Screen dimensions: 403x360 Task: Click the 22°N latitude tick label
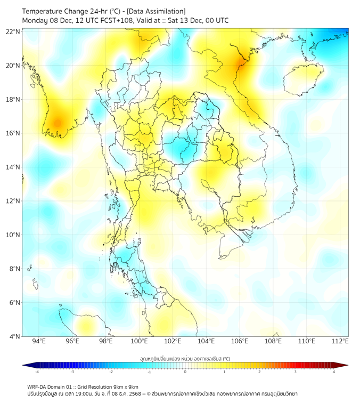pyautogui.click(x=13, y=31)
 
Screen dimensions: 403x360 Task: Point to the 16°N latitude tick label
pyautogui.click(x=13, y=133)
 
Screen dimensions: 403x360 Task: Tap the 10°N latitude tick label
pyautogui.click(x=13, y=235)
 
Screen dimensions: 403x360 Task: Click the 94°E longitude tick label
pyautogui.click(x=39, y=342)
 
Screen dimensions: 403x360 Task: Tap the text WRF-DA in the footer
pyautogui.click(x=37, y=386)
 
